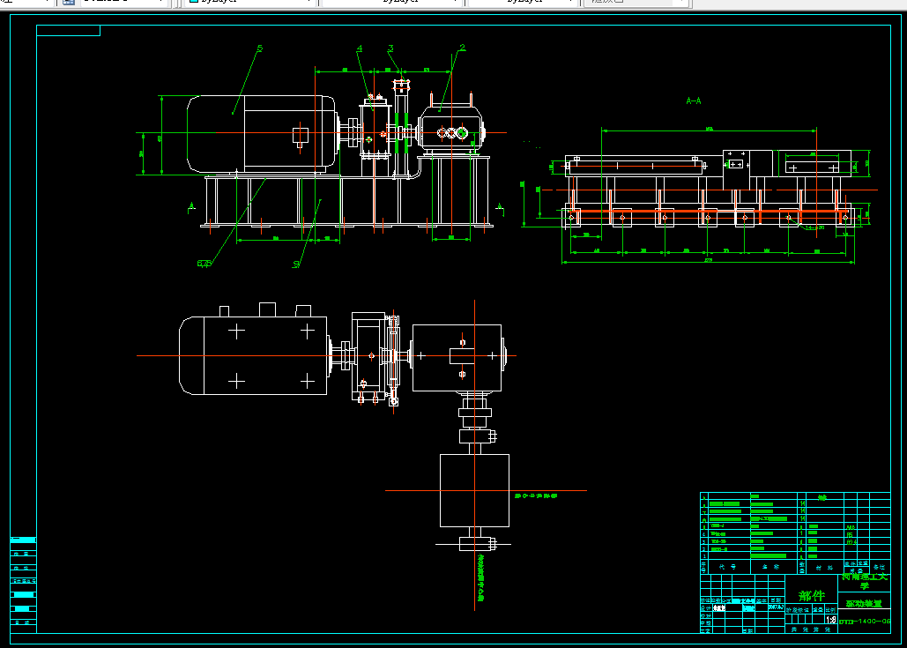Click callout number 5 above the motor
[x=260, y=49]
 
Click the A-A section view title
[x=694, y=101]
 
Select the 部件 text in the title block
[x=811, y=596]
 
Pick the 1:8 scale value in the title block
[x=830, y=620]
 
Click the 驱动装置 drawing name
[x=863, y=604]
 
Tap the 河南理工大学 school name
[x=865, y=580]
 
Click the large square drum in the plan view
[x=474, y=490]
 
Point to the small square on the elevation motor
[x=301, y=135]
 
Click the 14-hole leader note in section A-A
[x=816, y=227]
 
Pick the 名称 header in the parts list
[x=765, y=567]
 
